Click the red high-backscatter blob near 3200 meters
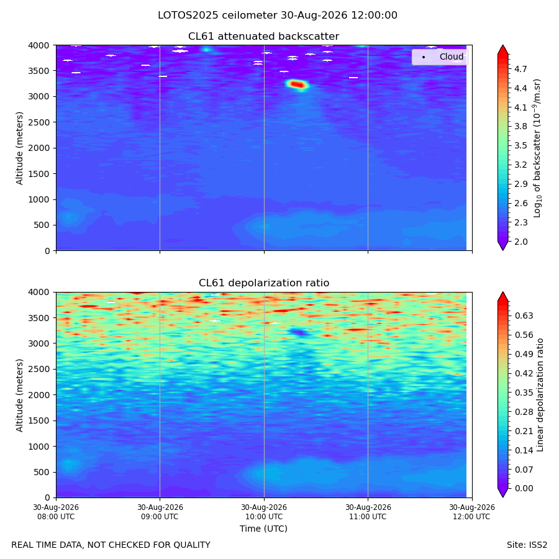pos(297,84)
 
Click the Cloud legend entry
pos(443,57)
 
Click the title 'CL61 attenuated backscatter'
pos(263,37)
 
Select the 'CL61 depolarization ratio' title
pos(264,283)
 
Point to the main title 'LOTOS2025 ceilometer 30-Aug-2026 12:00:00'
pos(278,16)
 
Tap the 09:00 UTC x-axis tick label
pos(160,512)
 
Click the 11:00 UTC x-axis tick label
pos(368,512)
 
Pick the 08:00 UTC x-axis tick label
pos(56,512)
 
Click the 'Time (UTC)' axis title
pos(263,529)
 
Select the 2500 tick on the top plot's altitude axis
pos(39,122)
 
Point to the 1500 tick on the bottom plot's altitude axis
pos(39,420)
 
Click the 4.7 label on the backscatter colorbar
pos(520,69)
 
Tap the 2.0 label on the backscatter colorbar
pos(520,242)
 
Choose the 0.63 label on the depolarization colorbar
pos(524,316)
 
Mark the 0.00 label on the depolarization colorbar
pos(524,488)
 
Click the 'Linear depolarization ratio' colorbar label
pos(540,395)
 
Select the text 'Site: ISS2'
pos(527,545)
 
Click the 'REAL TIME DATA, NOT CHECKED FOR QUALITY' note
pos(111,545)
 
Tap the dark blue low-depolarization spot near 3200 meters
pos(299,332)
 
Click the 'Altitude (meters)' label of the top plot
pos(19,148)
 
